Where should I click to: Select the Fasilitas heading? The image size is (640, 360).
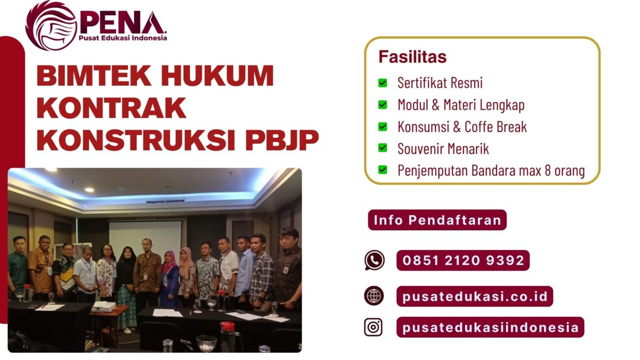click(x=412, y=57)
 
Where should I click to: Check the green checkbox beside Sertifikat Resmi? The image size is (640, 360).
click(x=383, y=83)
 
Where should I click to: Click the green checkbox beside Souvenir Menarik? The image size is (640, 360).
click(x=383, y=148)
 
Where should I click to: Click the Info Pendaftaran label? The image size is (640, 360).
click(x=437, y=220)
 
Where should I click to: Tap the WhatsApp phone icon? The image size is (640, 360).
click(x=374, y=260)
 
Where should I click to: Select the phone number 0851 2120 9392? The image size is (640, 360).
click(x=463, y=261)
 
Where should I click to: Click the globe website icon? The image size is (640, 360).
click(x=374, y=296)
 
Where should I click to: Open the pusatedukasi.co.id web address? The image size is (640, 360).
click(x=475, y=296)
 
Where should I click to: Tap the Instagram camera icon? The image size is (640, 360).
click(x=374, y=327)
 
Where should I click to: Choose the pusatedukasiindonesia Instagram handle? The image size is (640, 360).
click(x=490, y=327)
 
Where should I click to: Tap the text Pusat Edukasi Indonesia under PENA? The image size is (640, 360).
click(x=123, y=38)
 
